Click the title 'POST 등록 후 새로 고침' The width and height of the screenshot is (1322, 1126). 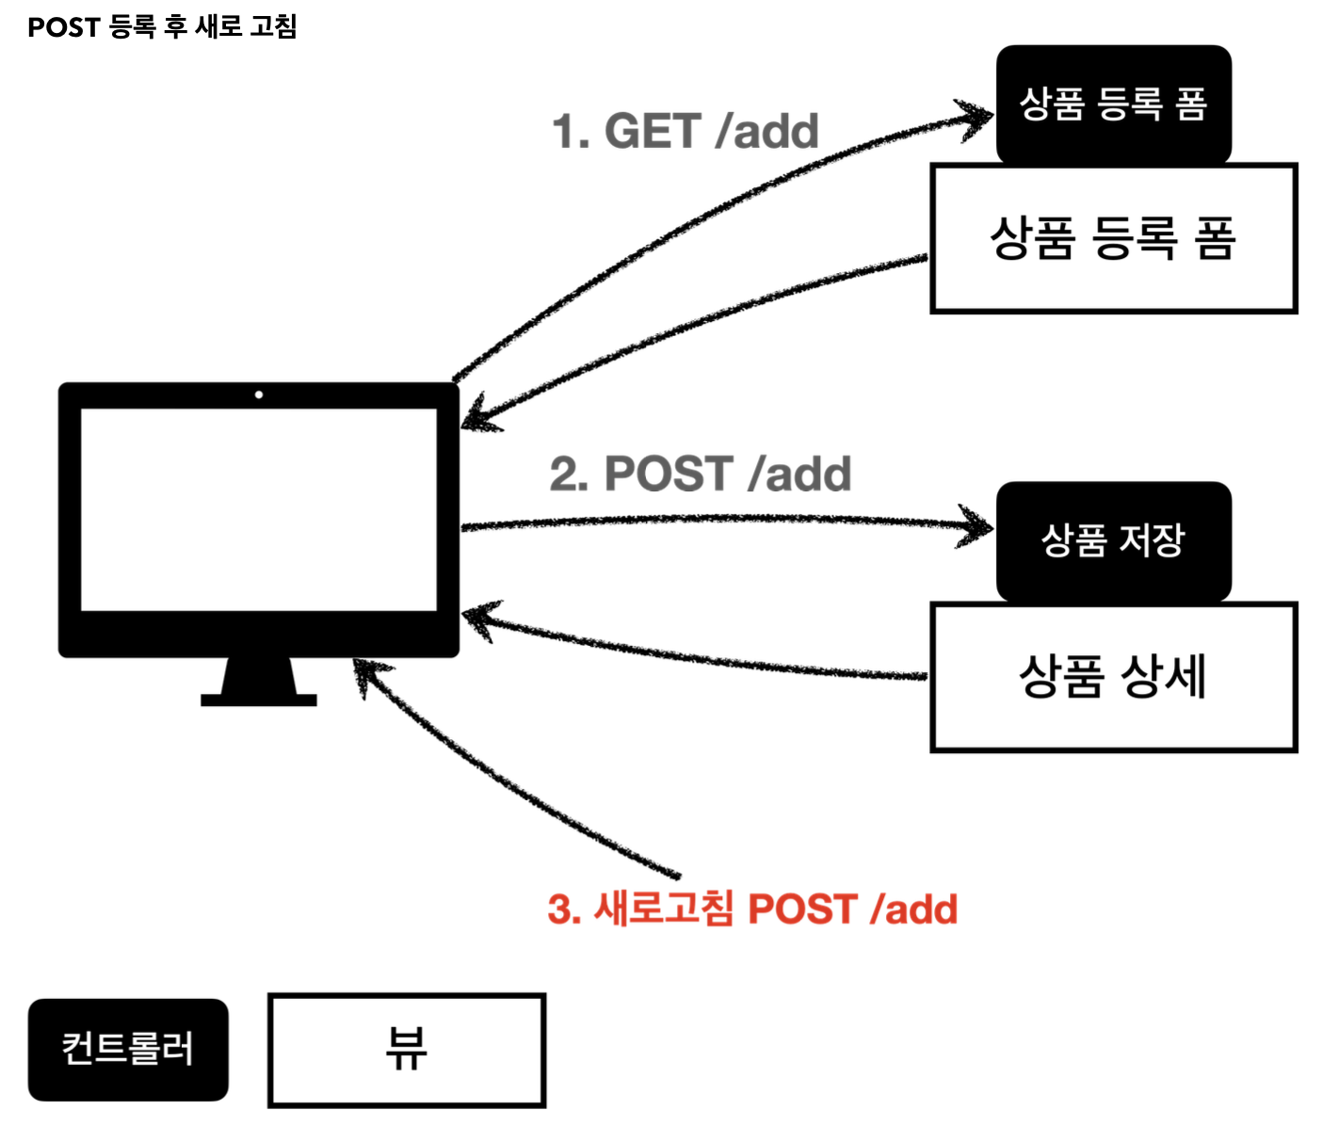[x=162, y=26]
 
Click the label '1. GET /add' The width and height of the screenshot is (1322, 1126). [x=685, y=131]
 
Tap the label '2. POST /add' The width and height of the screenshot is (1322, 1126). [x=700, y=474]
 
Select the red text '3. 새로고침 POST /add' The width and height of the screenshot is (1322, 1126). [x=752, y=909]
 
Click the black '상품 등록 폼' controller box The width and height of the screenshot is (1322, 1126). [x=1113, y=104]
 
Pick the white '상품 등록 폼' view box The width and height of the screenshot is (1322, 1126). [x=1113, y=238]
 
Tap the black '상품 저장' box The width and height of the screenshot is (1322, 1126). [x=1113, y=540]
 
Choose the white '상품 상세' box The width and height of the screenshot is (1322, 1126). [x=1113, y=676]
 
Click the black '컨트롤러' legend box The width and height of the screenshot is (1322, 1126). [x=128, y=1049]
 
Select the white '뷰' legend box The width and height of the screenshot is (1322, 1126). [x=407, y=1049]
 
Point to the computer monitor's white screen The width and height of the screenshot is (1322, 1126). [x=259, y=508]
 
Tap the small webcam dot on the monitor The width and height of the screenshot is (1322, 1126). [x=259, y=394]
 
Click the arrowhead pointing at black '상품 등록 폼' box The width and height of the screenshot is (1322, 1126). [x=975, y=117]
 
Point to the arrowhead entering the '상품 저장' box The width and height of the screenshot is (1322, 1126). [x=975, y=527]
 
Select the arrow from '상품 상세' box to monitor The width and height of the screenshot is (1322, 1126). [x=697, y=655]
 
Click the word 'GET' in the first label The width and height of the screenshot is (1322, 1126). [x=653, y=131]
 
